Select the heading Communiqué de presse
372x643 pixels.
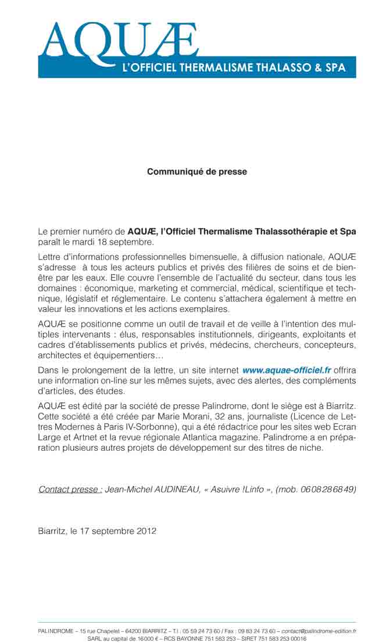197,172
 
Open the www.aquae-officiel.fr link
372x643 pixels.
287,369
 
